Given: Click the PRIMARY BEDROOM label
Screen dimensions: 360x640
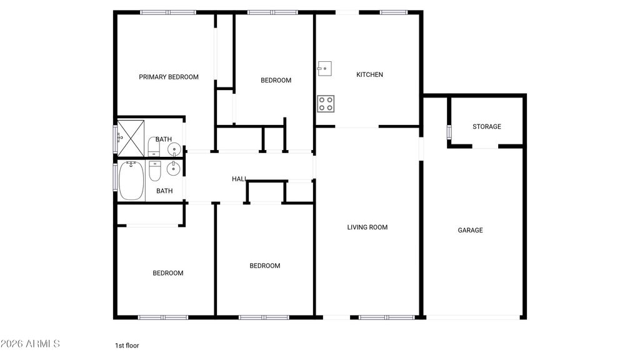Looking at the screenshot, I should (169, 77).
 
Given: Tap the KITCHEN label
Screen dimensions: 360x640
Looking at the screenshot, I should (369, 74).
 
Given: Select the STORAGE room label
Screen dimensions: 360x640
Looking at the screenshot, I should (486, 126).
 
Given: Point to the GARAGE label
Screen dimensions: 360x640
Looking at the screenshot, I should (470, 230).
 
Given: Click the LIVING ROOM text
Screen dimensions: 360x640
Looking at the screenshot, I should (367, 227).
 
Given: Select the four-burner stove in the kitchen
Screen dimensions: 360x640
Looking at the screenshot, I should (325, 103).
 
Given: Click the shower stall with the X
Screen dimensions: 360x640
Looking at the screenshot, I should (131, 137).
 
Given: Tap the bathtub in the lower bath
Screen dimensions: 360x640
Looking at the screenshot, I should (131, 180).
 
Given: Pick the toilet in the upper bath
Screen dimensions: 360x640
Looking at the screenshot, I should (154, 147).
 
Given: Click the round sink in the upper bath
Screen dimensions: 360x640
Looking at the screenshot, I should (174, 149).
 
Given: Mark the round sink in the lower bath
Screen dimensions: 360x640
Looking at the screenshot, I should (174, 168).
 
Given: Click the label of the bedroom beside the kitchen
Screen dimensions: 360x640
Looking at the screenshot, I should (276, 80).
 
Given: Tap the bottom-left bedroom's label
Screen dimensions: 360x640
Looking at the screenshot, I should (168, 272).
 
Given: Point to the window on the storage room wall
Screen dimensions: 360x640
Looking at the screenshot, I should (449, 131).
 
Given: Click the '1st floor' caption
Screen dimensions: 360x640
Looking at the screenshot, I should (126, 345).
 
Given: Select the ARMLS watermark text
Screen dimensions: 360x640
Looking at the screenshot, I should (30, 344).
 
